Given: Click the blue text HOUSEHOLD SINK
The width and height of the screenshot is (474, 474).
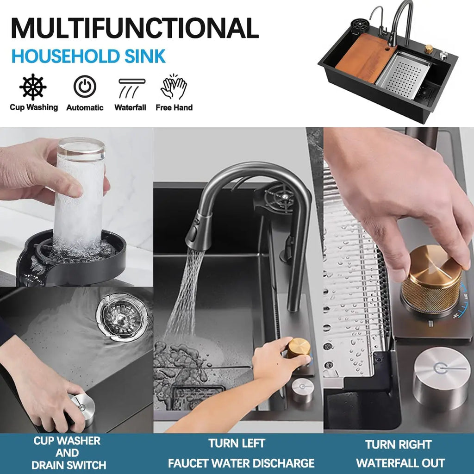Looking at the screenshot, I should pyautogui.click(x=88, y=56).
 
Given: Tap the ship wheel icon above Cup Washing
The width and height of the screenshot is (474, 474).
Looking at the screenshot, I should pyautogui.click(x=33, y=87).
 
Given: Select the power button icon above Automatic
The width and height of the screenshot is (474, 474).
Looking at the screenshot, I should pyautogui.click(x=85, y=87).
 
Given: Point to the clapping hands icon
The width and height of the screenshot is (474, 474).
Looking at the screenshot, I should pyautogui.click(x=174, y=87).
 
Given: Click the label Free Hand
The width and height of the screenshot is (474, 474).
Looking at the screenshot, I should pyautogui.click(x=174, y=107).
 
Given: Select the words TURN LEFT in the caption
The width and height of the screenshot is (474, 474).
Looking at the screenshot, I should pyautogui.click(x=237, y=443).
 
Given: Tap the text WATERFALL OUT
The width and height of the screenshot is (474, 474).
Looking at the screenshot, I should pyautogui.click(x=400, y=463).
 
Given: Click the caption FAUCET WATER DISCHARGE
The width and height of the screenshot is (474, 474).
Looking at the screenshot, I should pyautogui.click(x=241, y=463).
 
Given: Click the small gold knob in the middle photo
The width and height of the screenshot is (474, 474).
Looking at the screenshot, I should pyautogui.click(x=299, y=348).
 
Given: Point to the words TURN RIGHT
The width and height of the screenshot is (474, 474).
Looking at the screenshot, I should pyautogui.click(x=399, y=445).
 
